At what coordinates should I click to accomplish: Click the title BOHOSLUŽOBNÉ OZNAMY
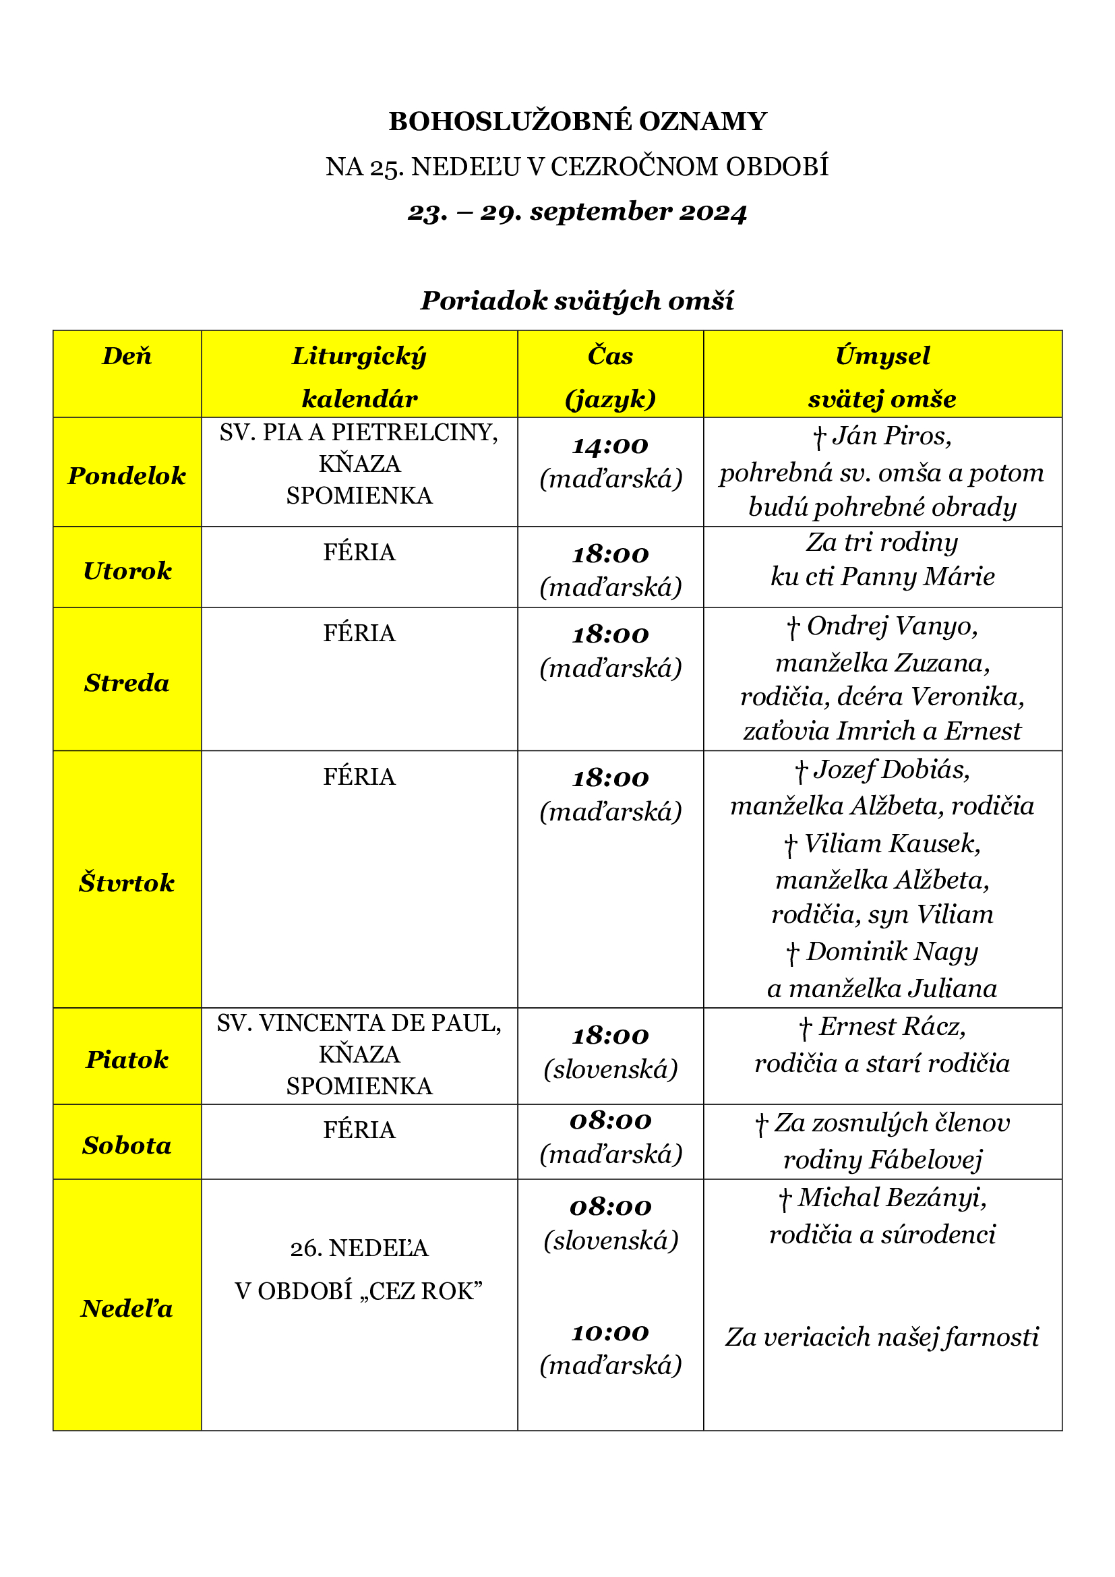coord(578,121)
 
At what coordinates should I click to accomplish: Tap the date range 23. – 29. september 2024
coord(578,212)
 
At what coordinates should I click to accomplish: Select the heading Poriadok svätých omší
coord(578,301)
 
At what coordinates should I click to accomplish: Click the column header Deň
coord(127,356)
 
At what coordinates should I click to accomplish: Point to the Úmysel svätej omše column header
coord(882,376)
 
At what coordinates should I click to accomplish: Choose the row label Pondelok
coord(127,475)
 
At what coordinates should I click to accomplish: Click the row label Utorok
coord(127,571)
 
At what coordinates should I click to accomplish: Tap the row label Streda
coord(127,683)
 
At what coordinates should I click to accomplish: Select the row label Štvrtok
coord(127,883)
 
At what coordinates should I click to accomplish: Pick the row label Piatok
coord(127,1059)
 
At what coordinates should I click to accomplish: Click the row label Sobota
coord(127,1145)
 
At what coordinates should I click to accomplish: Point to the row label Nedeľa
coord(127,1309)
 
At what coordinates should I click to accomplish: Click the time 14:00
coord(610,446)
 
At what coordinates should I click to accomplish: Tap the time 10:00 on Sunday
coord(610,1333)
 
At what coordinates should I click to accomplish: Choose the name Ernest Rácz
coord(892,1027)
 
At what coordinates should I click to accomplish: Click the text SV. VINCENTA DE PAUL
coord(359,1023)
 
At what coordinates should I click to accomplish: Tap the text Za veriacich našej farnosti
coord(882,1337)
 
